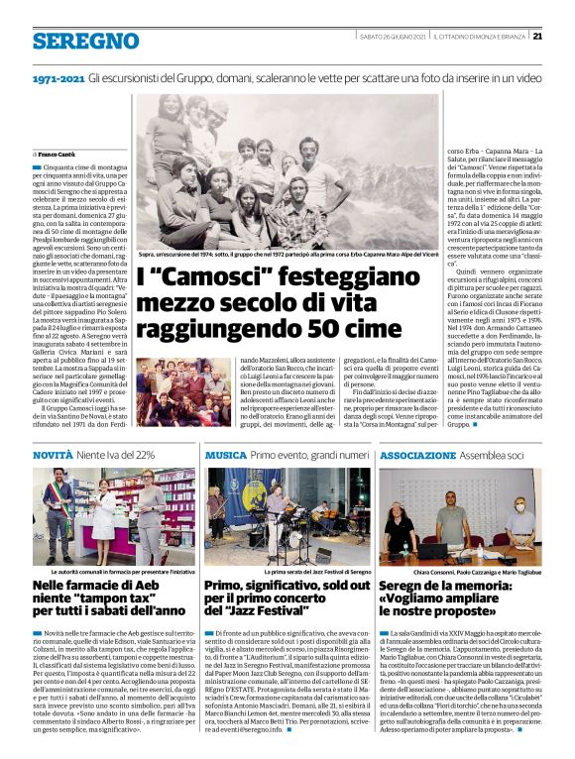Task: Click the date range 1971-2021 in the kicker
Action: pyautogui.click(x=57, y=77)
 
